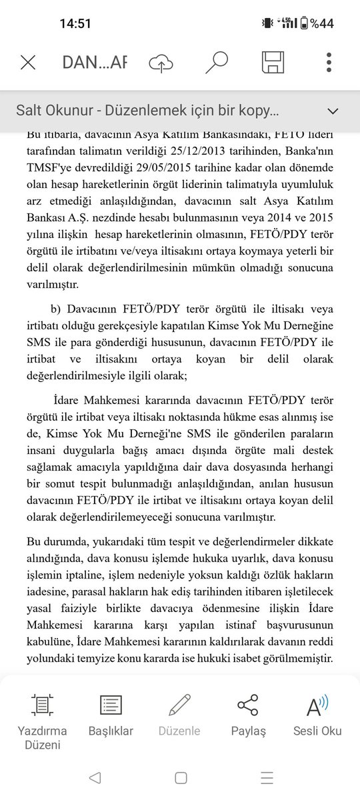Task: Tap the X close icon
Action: [x=28, y=63]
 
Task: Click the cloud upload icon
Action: [x=161, y=63]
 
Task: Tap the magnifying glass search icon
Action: [x=216, y=62]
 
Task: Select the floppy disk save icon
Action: [x=273, y=62]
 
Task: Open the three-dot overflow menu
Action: [x=329, y=62]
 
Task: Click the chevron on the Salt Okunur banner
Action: [x=331, y=110]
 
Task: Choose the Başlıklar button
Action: [x=111, y=713]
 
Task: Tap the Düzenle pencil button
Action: [x=179, y=713]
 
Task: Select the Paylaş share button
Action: [x=248, y=713]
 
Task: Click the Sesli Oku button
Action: [x=317, y=713]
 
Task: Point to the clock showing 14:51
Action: [x=75, y=23]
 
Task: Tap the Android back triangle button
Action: [x=94, y=777]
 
